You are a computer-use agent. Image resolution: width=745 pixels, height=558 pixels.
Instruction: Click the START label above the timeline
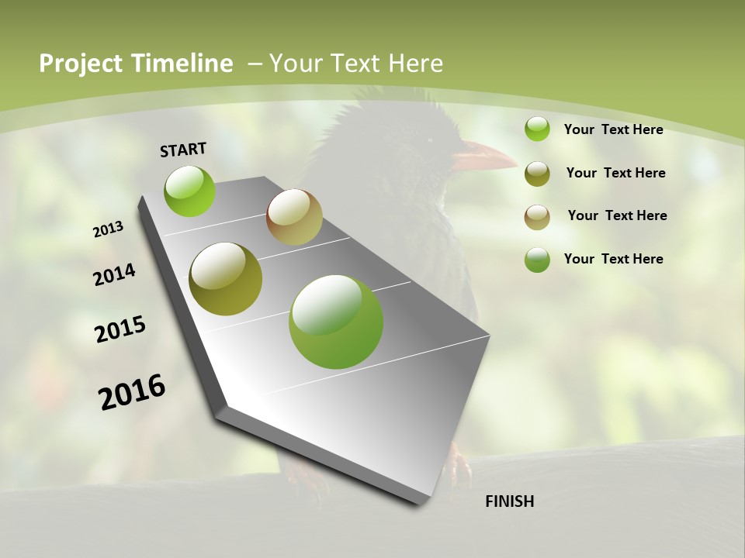183,150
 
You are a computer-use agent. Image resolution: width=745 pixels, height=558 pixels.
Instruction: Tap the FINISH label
509,501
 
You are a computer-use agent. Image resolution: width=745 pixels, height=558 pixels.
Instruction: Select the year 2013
109,229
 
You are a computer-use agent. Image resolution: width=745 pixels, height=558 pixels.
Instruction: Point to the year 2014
115,274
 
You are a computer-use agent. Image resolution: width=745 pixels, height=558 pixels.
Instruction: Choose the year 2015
120,329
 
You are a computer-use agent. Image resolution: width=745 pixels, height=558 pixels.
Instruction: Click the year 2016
132,391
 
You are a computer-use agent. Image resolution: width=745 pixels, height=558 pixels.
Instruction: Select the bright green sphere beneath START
189,191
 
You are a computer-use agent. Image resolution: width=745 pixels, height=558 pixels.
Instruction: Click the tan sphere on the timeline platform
294,217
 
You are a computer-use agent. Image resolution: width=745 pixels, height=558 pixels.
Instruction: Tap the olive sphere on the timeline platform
226,278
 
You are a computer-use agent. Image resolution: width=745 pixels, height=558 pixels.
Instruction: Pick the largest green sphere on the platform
336,322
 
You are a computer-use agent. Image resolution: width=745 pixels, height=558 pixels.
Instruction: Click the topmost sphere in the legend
537,129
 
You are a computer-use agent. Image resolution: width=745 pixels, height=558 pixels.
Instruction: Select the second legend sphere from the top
537,174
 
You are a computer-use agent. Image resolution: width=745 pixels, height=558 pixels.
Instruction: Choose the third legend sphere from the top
537,217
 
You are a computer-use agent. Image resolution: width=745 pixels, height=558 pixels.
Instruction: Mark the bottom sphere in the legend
537,260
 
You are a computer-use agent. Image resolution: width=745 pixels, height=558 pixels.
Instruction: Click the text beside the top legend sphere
613,129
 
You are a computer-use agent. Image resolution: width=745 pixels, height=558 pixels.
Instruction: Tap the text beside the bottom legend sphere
613,259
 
